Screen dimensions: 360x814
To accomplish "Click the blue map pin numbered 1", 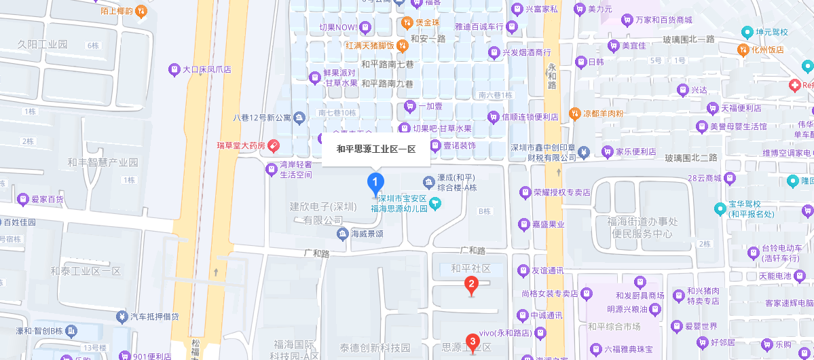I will click(375, 182).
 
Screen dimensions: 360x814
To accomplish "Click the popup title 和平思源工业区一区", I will click(375, 149).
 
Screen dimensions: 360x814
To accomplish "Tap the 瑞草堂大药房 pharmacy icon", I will click(273, 145).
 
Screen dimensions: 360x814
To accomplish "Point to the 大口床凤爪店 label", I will click(207, 69).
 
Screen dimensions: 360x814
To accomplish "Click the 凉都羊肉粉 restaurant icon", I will click(574, 113).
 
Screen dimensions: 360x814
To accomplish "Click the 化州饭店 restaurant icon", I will click(743, 50).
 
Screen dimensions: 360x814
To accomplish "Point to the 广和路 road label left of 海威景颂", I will click(316, 253).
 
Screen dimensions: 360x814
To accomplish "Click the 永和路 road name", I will click(551, 75).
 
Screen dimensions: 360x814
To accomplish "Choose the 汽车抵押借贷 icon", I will click(122, 317).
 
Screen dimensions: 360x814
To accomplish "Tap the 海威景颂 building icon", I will click(342, 234).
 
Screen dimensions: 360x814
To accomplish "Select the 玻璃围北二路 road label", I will click(690, 158).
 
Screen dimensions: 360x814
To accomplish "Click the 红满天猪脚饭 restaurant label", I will click(371, 46).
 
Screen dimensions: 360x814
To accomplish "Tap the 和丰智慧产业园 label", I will click(102, 162).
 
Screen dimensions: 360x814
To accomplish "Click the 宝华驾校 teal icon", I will click(720, 208).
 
